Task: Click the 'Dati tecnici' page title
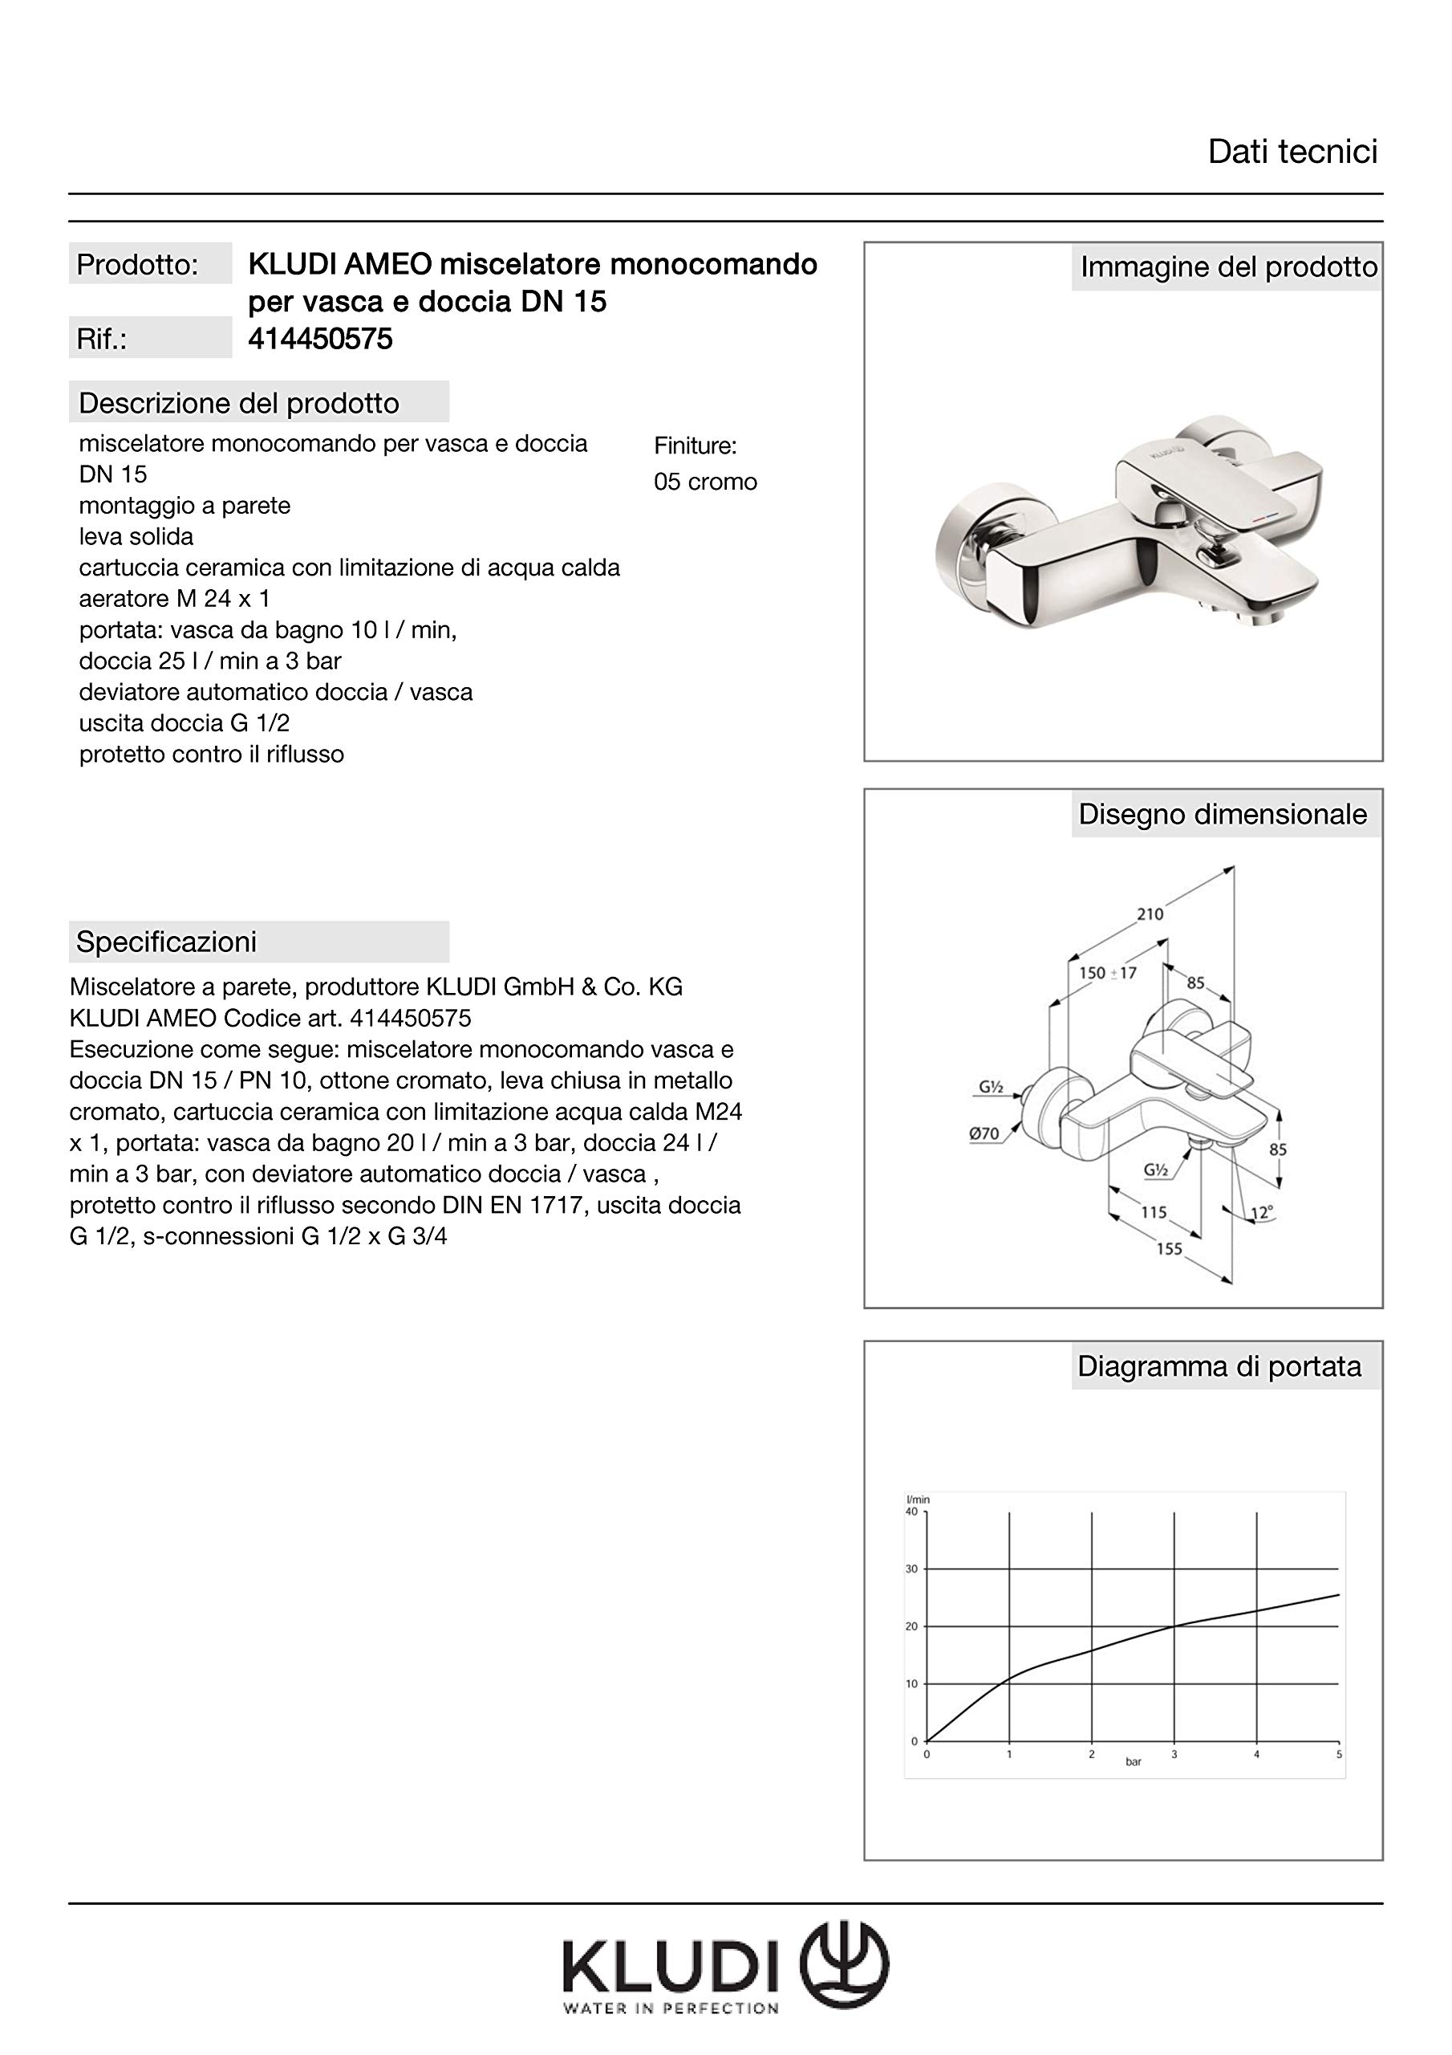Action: (x=1292, y=153)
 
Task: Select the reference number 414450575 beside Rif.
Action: (x=320, y=340)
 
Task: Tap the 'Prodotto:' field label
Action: (x=137, y=265)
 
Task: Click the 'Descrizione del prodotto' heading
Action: (x=239, y=404)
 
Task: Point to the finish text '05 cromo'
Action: (x=705, y=482)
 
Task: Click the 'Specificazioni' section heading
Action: (x=166, y=942)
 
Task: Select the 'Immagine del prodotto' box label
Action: (x=1228, y=267)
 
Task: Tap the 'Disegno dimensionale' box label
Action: (x=1222, y=815)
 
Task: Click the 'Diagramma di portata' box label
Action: (x=1219, y=1367)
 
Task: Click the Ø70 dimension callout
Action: (x=984, y=1133)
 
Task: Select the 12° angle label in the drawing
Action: (x=1261, y=1214)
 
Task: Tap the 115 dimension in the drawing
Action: (x=1154, y=1212)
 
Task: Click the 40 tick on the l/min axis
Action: (x=911, y=1512)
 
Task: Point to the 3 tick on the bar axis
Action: (x=1174, y=1754)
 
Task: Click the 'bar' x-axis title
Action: (x=1134, y=1761)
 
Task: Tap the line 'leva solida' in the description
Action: (x=136, y=537)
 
